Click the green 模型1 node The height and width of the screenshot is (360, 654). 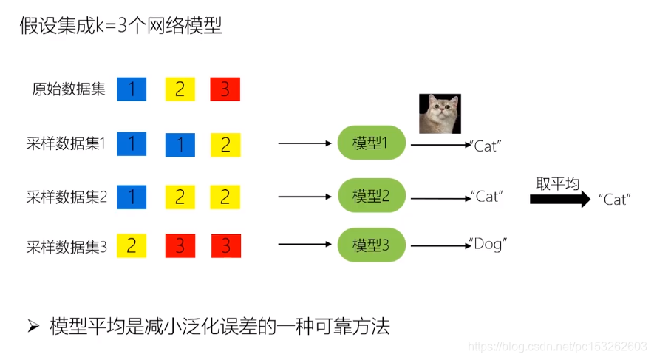(x=372, y=143)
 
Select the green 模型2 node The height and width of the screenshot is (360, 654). (x=372, y=196)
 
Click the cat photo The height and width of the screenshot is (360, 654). (x=440, y=113)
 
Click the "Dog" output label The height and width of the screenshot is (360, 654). (x=488, y=244)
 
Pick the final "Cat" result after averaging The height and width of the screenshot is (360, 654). (x=615, y=200)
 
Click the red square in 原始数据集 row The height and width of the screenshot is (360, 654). (x=225, y=89)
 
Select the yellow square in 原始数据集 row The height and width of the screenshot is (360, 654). (x=180, y=89)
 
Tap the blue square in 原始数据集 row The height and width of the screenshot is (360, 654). (x=132, y=89)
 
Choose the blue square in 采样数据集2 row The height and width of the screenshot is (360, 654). (x=132, y=197)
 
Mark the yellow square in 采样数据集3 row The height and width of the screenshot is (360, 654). (x=132, y=246)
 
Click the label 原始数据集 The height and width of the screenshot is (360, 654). (x=69, y=89)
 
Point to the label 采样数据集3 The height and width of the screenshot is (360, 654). (x=67, y=247)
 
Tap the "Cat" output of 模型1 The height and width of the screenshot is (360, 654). (x=486, y=146)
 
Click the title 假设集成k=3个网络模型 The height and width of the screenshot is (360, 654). (x=120, y=26)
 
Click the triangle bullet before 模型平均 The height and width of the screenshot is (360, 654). (x=32, y=326)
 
